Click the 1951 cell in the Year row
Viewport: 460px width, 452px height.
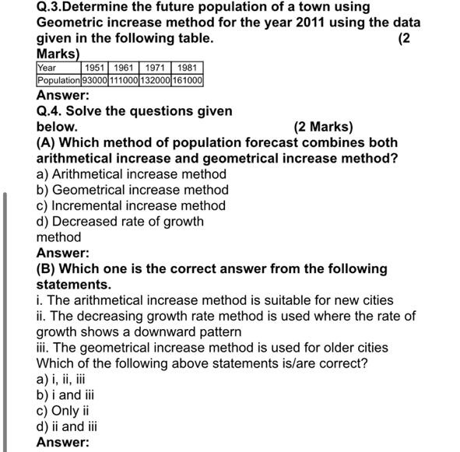(x=95, y=68)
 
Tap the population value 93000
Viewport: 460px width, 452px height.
(x=95, y=80)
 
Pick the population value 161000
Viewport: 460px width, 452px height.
(x=187, y=80)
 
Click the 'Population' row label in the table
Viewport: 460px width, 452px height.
(x=58, y=80)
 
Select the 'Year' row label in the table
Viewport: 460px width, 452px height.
(x=47, y=68)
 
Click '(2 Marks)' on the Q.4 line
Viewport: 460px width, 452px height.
(x=323, y=127)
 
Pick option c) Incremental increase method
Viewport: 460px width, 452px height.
(x=131, y=205)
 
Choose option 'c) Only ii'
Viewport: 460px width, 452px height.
(x=63, y=410)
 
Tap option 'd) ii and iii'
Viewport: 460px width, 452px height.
(x=67, y=426)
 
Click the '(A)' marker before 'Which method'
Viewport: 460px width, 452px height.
(x=46, y=142)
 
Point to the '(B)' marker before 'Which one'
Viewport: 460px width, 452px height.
(x=46, y=268)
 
